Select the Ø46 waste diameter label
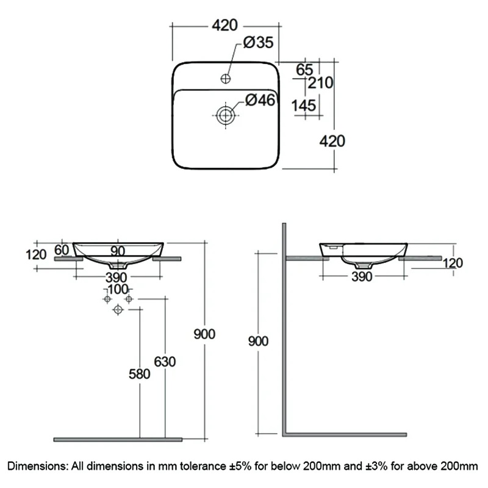click(259, 101)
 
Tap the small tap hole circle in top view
click(225, 78)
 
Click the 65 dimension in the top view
click(304, 70)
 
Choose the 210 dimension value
click(321, 82)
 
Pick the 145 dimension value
click(304, 106)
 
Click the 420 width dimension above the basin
click(224, 26)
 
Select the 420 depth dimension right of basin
click(332, 141)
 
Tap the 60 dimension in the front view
click(62, 249)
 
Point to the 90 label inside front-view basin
click(118, 251)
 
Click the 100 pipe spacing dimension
click(118, 289)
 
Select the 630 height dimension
click(165, 361)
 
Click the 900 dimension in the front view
click(204, 334)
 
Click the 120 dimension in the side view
click(453, 263)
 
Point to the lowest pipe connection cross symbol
click(118, 310)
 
